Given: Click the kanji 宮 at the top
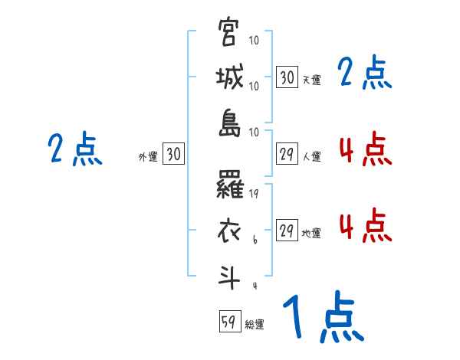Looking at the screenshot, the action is [x=229, y=33].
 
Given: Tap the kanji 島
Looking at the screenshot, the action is [x=229, y=123].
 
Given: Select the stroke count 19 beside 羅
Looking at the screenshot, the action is [x=255, y=195].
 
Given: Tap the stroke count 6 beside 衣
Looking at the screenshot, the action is [x=255, y=240].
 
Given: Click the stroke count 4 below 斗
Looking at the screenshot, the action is [x=255, y=286].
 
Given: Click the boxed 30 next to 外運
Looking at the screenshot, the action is [x=173, y=154].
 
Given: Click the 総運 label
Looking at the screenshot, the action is [x=255, y=325].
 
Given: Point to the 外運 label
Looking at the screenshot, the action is [x=148, y=156].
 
